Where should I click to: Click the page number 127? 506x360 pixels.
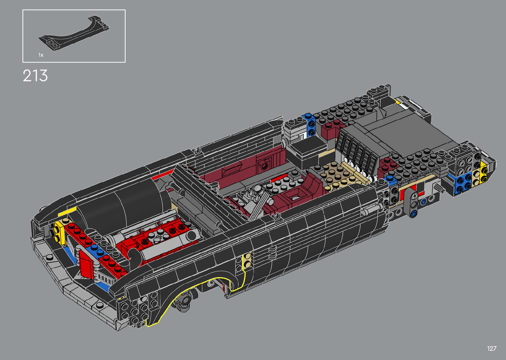492,348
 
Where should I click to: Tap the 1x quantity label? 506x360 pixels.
41,55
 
